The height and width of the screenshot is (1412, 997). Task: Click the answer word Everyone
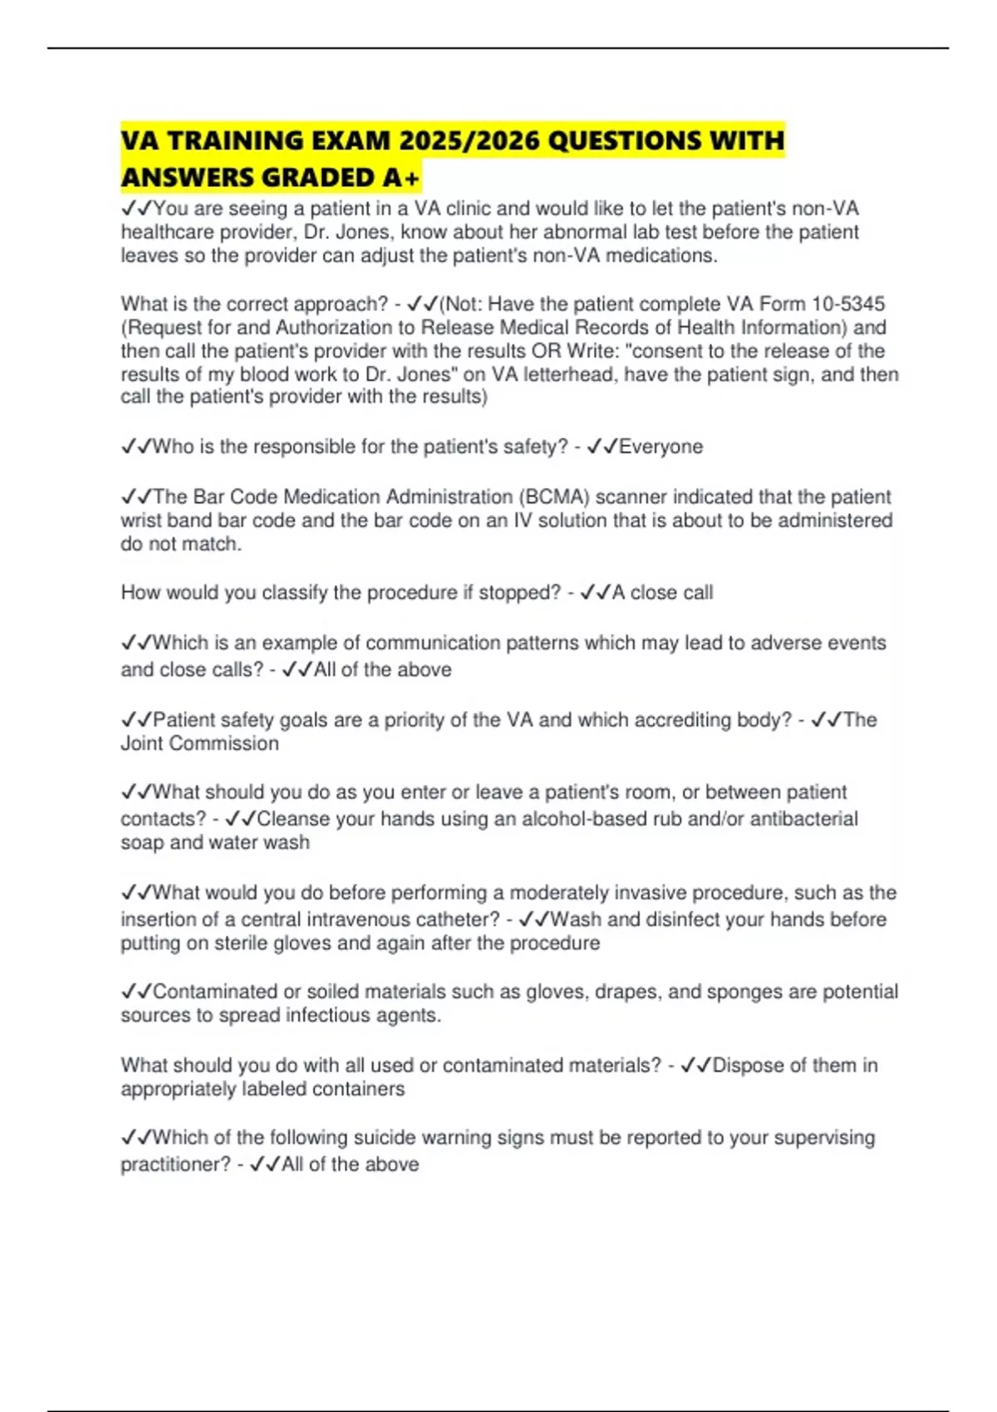[x=661, y=447]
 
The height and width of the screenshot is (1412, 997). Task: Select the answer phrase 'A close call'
[x=662, y=593]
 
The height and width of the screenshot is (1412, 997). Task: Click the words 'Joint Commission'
[x=199, y=743]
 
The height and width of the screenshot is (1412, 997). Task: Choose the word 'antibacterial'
[x=803, y=819]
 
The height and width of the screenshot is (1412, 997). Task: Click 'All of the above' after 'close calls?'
[x=382, y=670]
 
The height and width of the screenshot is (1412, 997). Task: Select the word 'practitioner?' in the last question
[x=175, y=1164]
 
